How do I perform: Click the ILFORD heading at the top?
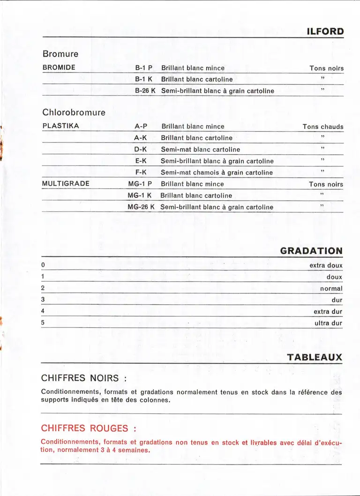(325, 32)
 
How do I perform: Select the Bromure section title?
(60, 54)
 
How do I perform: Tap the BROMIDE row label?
(59, 68)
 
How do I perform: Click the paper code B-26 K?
(145, 90)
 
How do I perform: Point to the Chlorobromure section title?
(74, 113)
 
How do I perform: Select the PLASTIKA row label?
(60, 126)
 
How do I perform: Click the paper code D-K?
(141, 149)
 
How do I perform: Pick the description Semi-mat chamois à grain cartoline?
(217, 173)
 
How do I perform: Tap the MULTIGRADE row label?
(65, 184)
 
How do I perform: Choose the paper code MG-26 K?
(141, 207)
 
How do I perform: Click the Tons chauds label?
(323, 127)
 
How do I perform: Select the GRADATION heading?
(311, 251)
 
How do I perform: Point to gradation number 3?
(43, 299)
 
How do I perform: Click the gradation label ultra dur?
(328, 323)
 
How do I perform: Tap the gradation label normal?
(331, 288)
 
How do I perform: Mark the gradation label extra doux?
(326, 265)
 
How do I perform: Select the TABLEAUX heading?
(315, 357)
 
